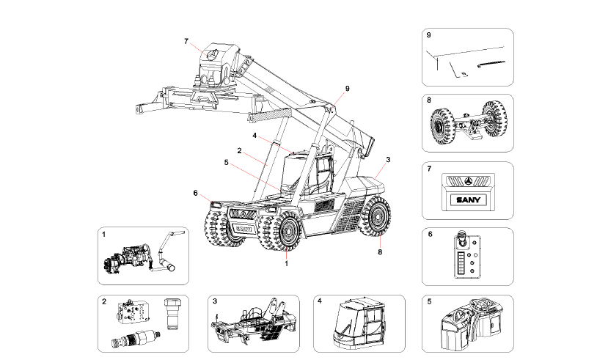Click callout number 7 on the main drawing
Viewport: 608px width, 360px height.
pos(186,40)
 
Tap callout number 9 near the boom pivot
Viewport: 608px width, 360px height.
pos(348,89)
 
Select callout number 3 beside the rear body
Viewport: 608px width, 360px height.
pos(387,159)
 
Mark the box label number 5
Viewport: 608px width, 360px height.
pos(428,301)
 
